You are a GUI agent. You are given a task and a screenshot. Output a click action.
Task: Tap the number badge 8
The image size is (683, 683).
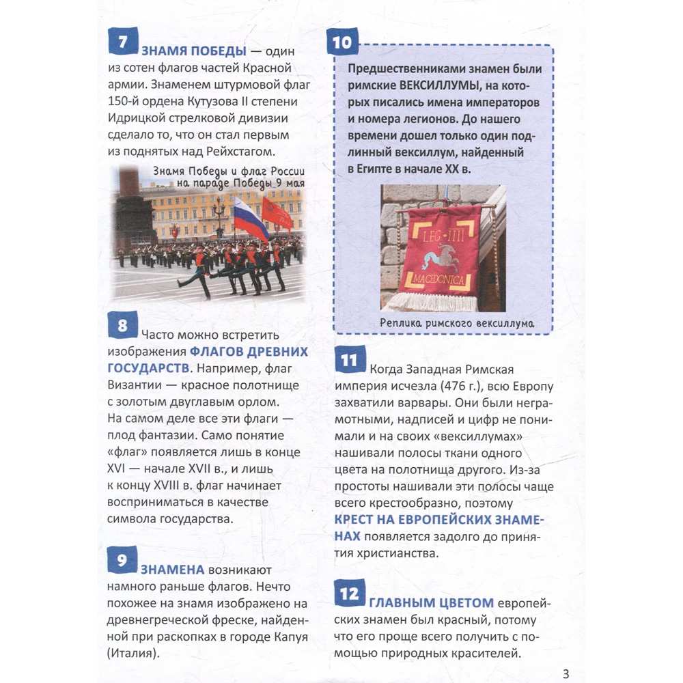click(x=123, y=325)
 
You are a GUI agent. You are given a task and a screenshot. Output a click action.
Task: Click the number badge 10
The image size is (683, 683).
click(x=342, y=43)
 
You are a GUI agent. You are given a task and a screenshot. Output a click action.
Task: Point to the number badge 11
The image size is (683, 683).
click(x=349, y=361)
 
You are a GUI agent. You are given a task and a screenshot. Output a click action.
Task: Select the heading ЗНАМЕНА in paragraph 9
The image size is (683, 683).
click(x=173, y=569)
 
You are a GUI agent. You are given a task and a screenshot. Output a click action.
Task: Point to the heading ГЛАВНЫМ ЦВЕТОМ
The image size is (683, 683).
click(x=431, y=602)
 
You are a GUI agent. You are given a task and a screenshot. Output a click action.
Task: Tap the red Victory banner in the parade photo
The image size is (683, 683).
click(x=277, y=214)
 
